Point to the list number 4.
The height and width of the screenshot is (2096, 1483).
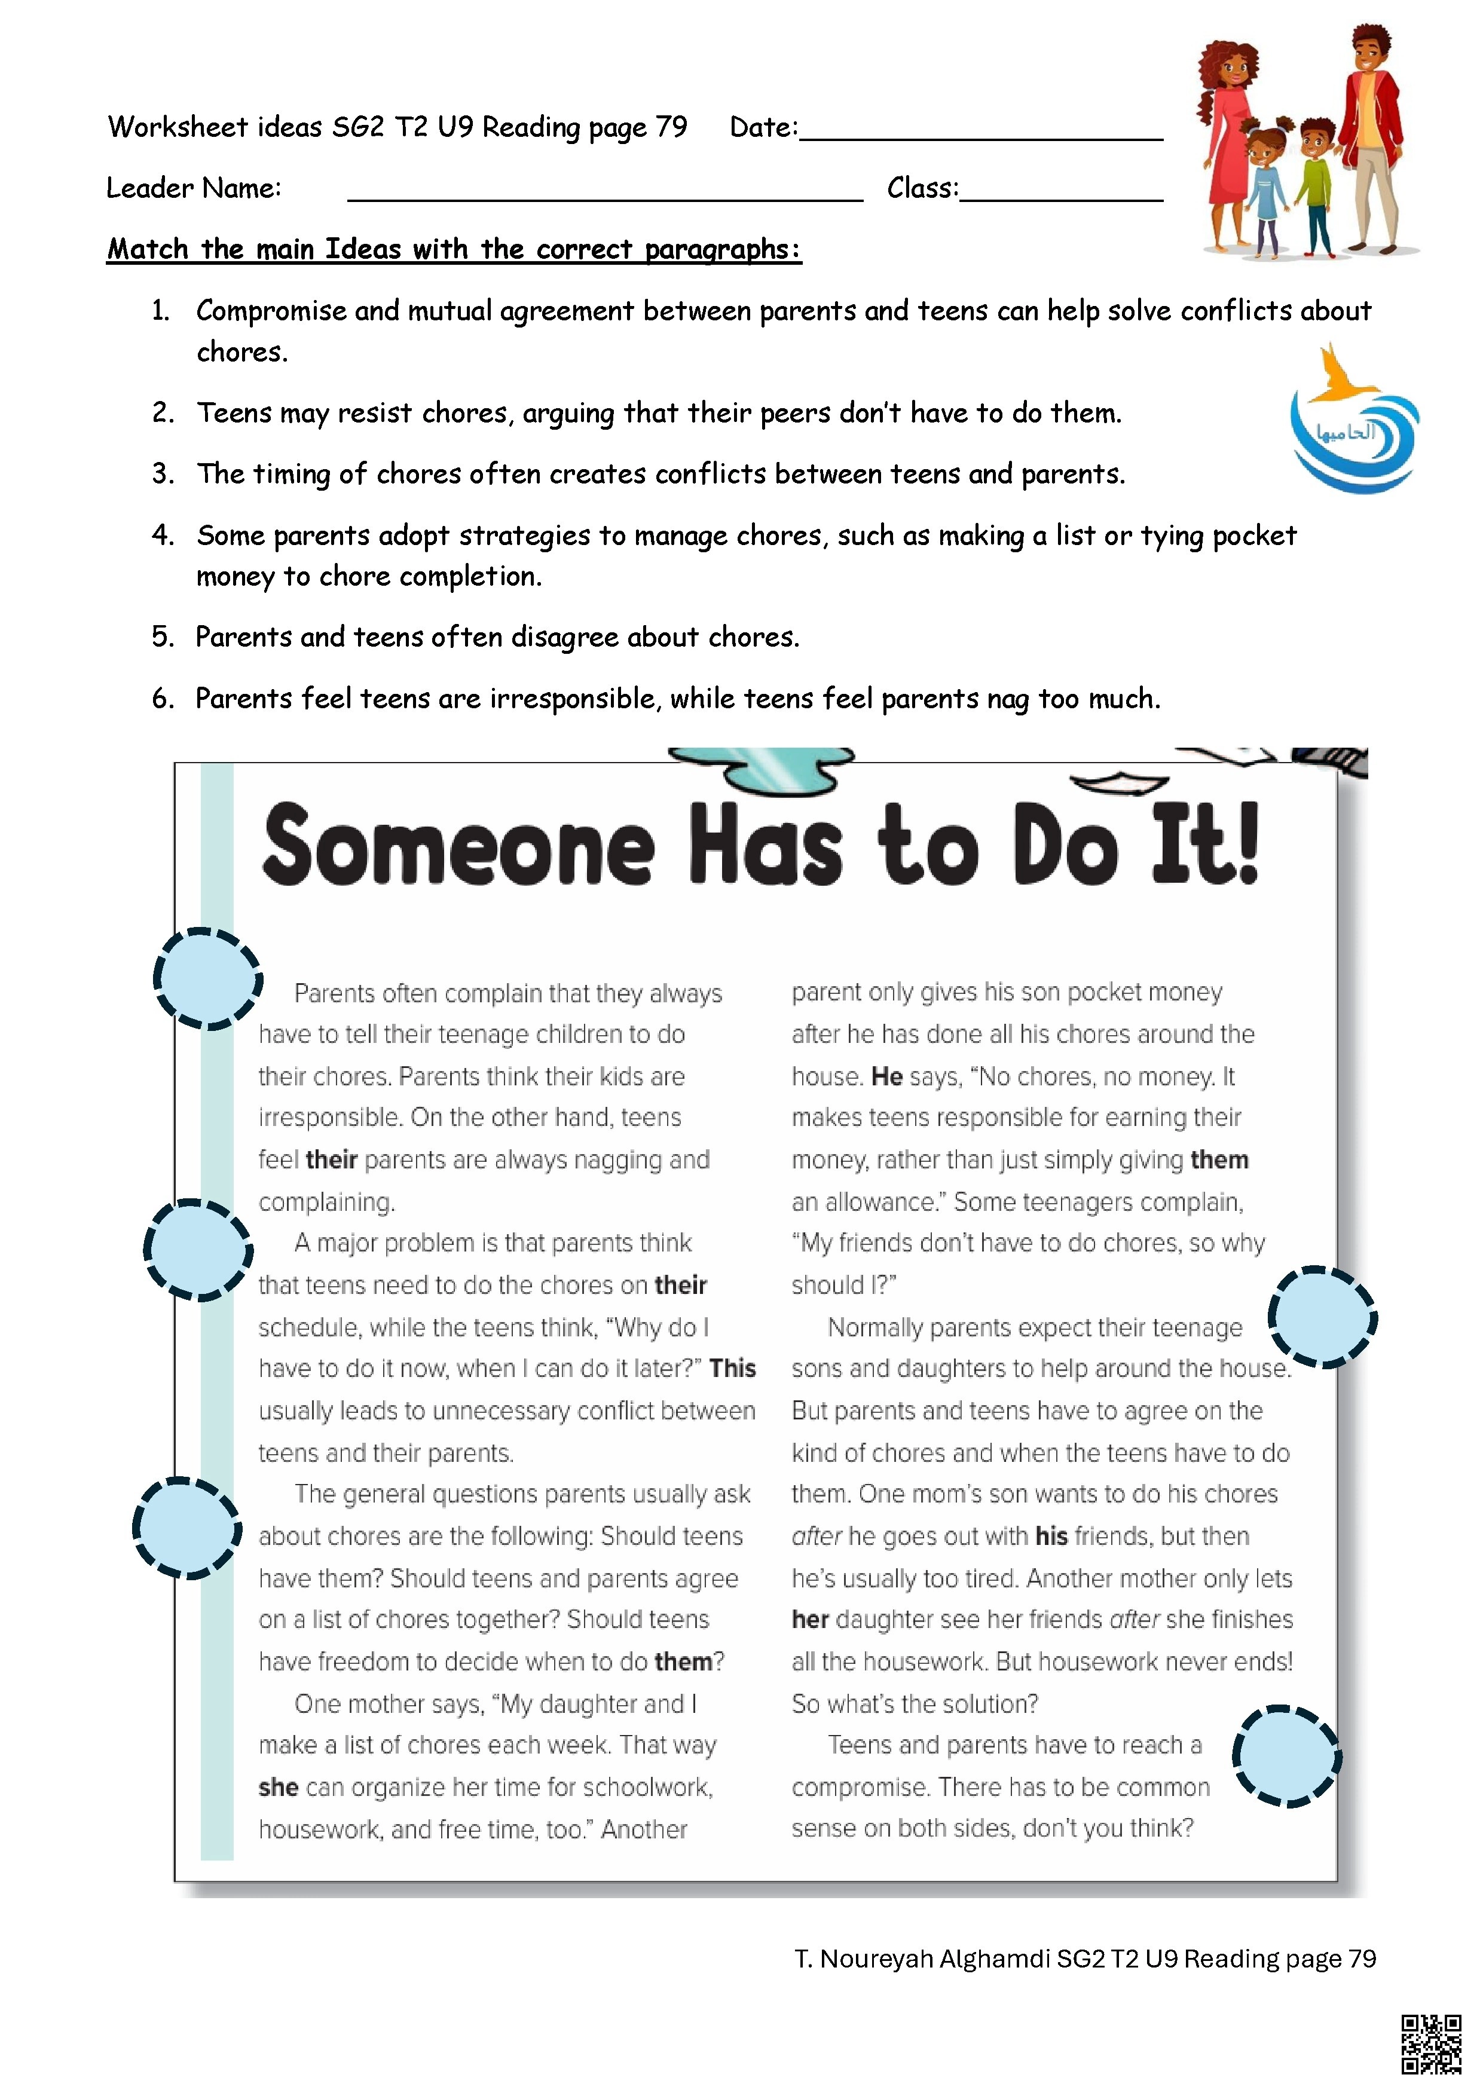163,535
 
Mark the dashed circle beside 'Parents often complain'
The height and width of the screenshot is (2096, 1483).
208,978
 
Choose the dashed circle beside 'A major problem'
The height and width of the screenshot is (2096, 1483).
199,1250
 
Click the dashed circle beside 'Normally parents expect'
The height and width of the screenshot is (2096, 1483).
1323,1317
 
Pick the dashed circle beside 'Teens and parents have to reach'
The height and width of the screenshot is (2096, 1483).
1287,1755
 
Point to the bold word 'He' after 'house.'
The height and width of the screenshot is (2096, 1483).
886,1076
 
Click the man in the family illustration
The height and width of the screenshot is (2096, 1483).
1370,137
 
